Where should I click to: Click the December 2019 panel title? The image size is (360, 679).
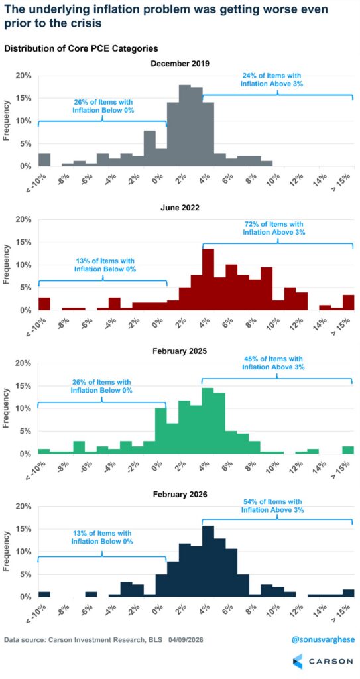pyautogui.click(x=180, y=64)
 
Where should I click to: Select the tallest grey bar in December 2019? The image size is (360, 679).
pyautogui.click(x=184, y=125)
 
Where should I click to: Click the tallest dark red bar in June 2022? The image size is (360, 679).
pyautogui.click(x=208, y=280)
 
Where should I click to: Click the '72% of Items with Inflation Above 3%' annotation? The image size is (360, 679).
pyautogui.click(x=274, y=229)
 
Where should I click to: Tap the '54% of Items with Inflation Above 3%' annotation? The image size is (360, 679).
pyautogui.click(x=273, y=506)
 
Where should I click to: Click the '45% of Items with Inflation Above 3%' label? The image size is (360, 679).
pyautogui.click(x=273, y=363)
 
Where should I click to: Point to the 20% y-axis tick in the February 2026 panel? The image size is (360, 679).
pyautogui.click(x=24, y=507)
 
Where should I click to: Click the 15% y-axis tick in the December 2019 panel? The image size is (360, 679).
pyautogui.click(x=24, y=98)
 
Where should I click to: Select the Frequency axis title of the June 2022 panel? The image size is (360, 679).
pyautogui.click(x=7, y=265)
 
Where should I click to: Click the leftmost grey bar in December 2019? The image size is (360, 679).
pyautogui.click(x=44, y=160)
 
